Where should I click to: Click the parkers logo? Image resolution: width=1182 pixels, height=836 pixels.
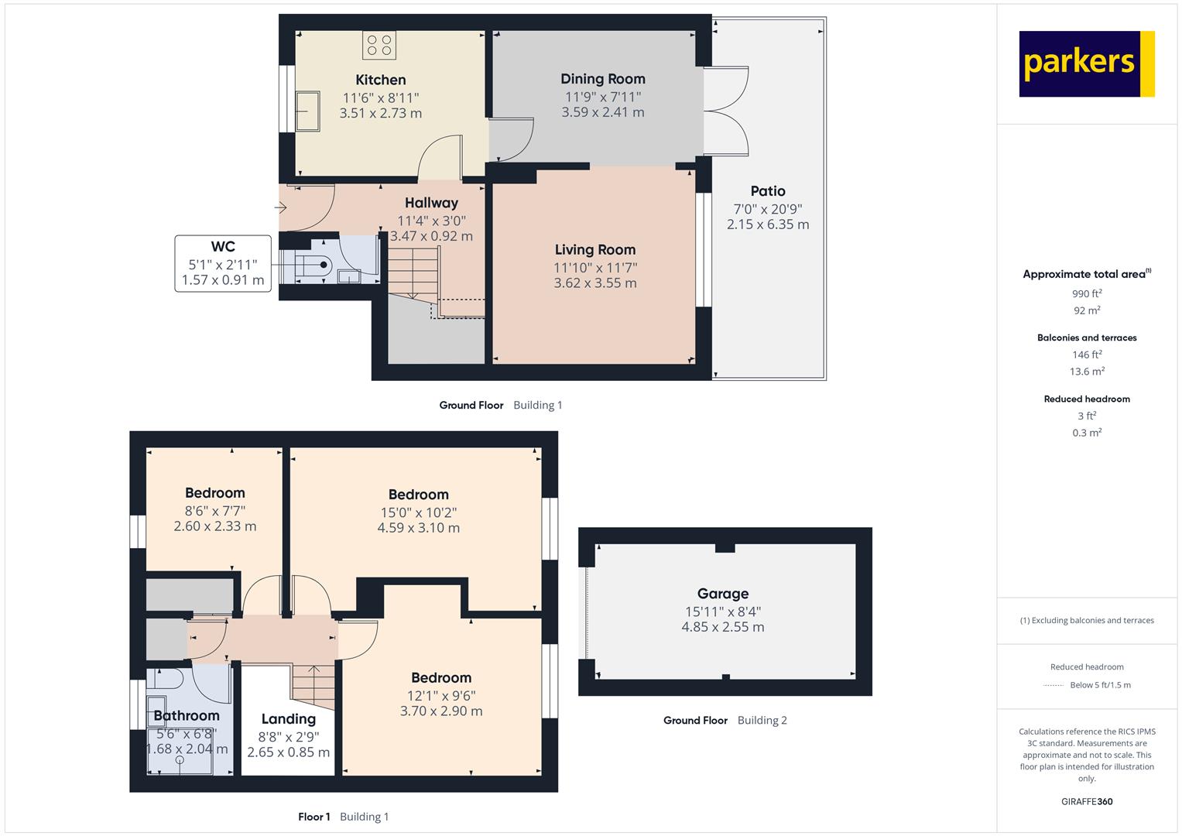[1087, 63]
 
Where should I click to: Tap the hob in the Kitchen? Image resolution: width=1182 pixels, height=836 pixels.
[379, 45]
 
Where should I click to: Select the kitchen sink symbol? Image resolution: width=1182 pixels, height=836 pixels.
[307, 111]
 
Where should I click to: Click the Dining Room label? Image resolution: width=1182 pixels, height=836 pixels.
[602, 79]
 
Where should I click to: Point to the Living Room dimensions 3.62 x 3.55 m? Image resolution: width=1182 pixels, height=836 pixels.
[595, 283]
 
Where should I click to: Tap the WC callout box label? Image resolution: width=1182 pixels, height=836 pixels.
[223, 246]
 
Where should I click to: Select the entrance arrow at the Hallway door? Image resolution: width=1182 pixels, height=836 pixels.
[280, 207]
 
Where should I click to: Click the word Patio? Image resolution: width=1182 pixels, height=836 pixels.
[768, 191]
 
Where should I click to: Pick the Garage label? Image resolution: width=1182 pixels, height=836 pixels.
[723, 594]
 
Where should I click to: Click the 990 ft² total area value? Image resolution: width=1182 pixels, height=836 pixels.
[1087, 293]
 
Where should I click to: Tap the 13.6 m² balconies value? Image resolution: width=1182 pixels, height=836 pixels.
[1087, 371]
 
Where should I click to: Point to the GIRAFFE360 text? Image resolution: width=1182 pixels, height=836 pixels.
[1087, 801]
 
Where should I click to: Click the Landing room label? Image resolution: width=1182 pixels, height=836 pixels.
[289, 719]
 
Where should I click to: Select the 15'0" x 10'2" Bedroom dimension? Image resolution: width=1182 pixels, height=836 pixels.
[419, 512]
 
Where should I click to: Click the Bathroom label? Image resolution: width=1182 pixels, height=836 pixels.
[187, 716]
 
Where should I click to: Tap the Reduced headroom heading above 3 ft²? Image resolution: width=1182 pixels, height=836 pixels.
[1087, 399]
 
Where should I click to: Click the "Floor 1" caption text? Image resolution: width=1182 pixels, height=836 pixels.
[314, 817]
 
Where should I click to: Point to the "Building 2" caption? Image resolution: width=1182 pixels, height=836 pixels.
[762, 720]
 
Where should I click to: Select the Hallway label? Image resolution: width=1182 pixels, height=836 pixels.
[431, 203]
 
